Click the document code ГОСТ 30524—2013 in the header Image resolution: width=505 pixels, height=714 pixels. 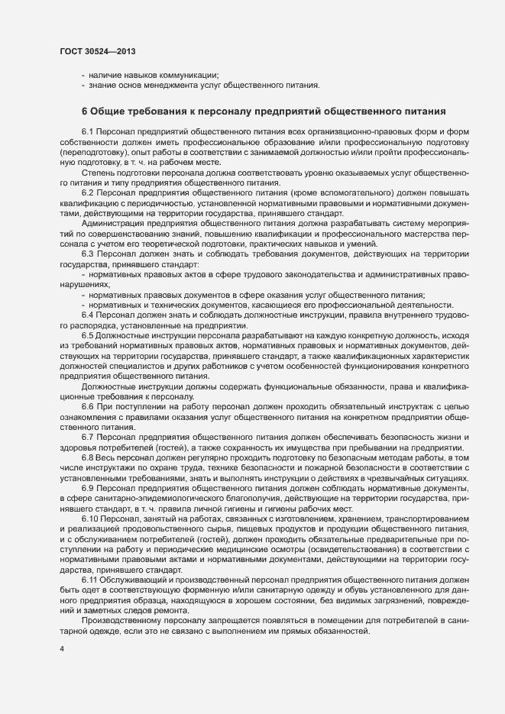pos(99,50)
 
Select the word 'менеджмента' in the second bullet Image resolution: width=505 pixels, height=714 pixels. pos(170,85)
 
